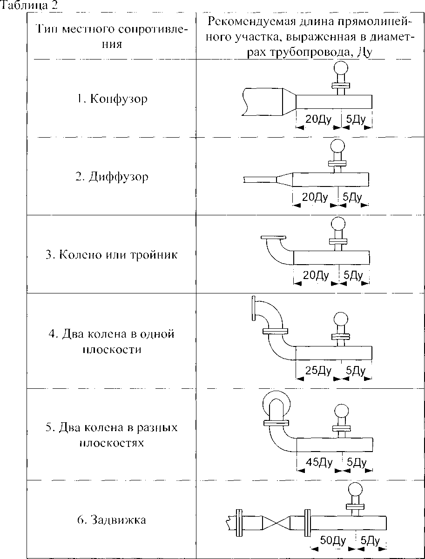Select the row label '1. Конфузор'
click(x=112, y=99)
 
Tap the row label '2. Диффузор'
click(x=112, y=177)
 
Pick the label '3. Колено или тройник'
click(x=112, y=255)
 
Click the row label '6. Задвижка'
click(x=112, y=519)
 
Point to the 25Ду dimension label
click(x=318, y=371)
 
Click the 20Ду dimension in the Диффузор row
click(x=316, y=197)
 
